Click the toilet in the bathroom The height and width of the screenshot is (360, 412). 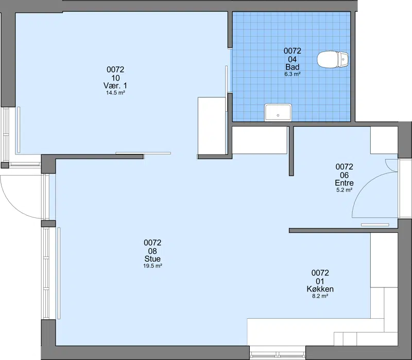pos(333,59)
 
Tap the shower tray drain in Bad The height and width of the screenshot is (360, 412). pos(278,115)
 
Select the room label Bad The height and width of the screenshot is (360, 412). pos(292,67)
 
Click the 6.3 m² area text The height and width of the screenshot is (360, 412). pos(292,74)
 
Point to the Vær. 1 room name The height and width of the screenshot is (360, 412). pos(115,85)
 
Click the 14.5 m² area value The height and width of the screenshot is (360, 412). pos(115,93)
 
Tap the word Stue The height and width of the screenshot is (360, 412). pos(152,259)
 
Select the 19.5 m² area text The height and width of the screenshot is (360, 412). pos(152,266)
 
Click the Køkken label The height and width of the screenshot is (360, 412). pos(320,289)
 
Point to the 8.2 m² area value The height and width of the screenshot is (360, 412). pos(320,296)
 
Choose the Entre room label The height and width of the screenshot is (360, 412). pos(344,183)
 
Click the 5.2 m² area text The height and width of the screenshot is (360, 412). pos(344,190)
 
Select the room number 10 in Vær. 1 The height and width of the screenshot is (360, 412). pos(115,78)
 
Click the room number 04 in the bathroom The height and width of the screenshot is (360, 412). pos(292,59)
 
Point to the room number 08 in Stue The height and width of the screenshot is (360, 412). pos(152,251)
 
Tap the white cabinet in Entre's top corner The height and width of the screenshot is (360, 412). pos(384,140)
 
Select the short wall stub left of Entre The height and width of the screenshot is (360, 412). pos(291,151)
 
